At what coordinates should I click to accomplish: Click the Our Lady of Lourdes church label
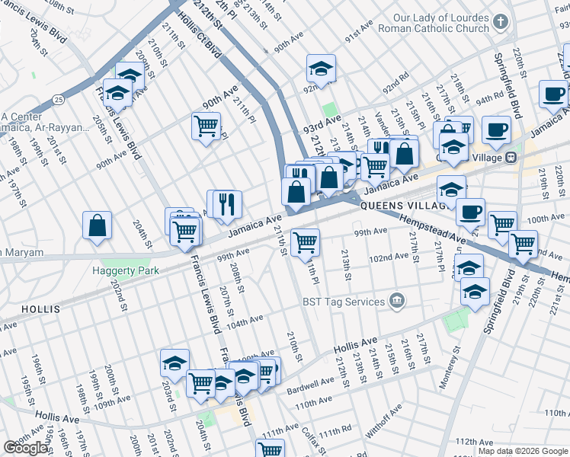(x=440, y=23)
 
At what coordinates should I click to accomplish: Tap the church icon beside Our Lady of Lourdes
(x=501, y=23)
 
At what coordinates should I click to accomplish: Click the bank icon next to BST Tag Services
(x=396, y=302)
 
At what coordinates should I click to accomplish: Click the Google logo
(x=25, y=449)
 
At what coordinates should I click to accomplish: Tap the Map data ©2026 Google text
(x=522, y=451)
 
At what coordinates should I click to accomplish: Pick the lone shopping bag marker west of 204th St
(x=98, y=225)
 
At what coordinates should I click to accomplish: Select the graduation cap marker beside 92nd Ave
(x=322, y=68)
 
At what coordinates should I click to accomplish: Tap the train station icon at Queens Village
(x=511, y=157)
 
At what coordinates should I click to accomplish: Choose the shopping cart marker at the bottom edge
(x=270, y=449)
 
